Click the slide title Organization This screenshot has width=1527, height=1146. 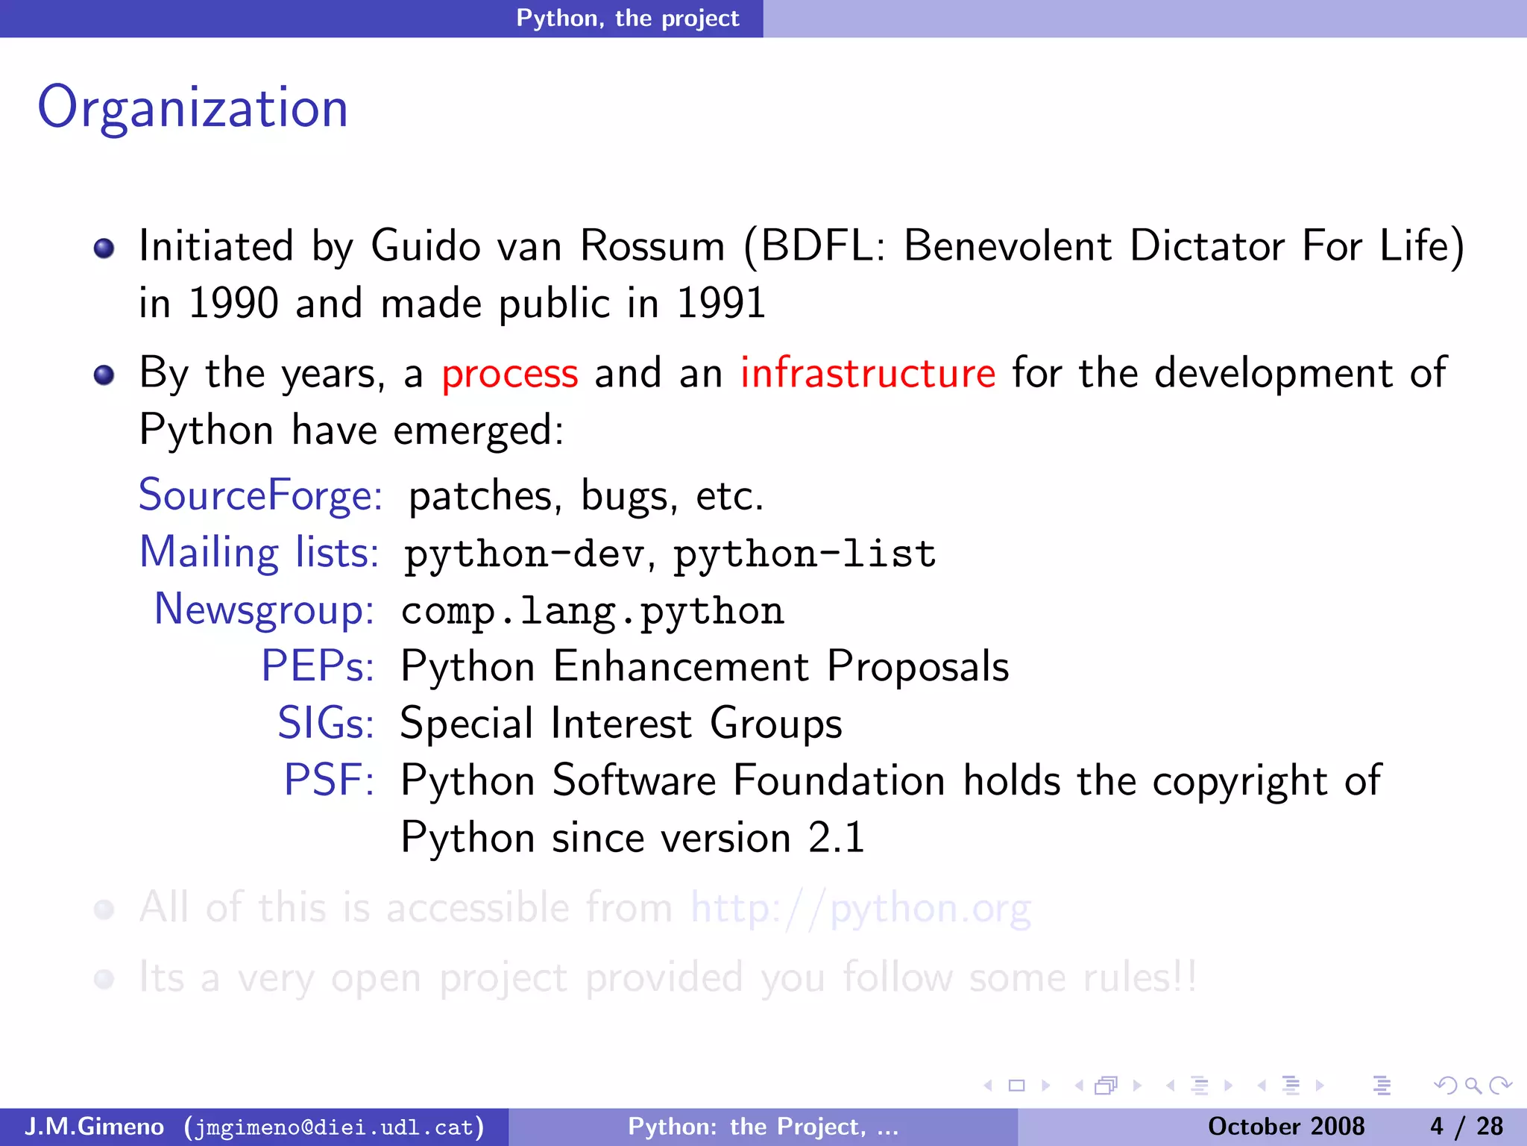[x=193, y=108]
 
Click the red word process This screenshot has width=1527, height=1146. [x=509, y=373]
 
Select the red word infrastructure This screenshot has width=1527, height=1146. [x=867, y=373]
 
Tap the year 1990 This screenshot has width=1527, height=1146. [x=233, y=304]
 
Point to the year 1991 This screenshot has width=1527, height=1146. [x=720, y=304]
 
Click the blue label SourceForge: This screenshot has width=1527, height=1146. [x=260, y=495]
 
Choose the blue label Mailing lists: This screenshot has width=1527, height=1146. [x=259, y=553]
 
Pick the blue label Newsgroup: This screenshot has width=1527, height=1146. [x=264, y=610]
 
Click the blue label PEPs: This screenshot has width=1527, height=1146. [x=317, y=666]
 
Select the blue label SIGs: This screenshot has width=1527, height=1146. [x=325, y=723]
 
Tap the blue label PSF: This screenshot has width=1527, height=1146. [x=328, y=780]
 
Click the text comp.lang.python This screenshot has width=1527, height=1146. [x=592, y=612]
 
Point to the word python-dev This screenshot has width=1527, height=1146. [x=523, y=554]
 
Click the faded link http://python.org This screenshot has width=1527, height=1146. [x=860, y=909]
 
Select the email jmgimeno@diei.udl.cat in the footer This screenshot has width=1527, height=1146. [x=334, y=1127]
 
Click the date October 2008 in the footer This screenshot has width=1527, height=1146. [x=1285, y=1126]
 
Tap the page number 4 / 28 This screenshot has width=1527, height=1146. [x=1466, y=1126]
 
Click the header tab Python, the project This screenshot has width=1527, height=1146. [x=627, y=18]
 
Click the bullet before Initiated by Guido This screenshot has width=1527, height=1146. [x=104, y=248]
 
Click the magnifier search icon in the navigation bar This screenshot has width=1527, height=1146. [x=1472, y=1085]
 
